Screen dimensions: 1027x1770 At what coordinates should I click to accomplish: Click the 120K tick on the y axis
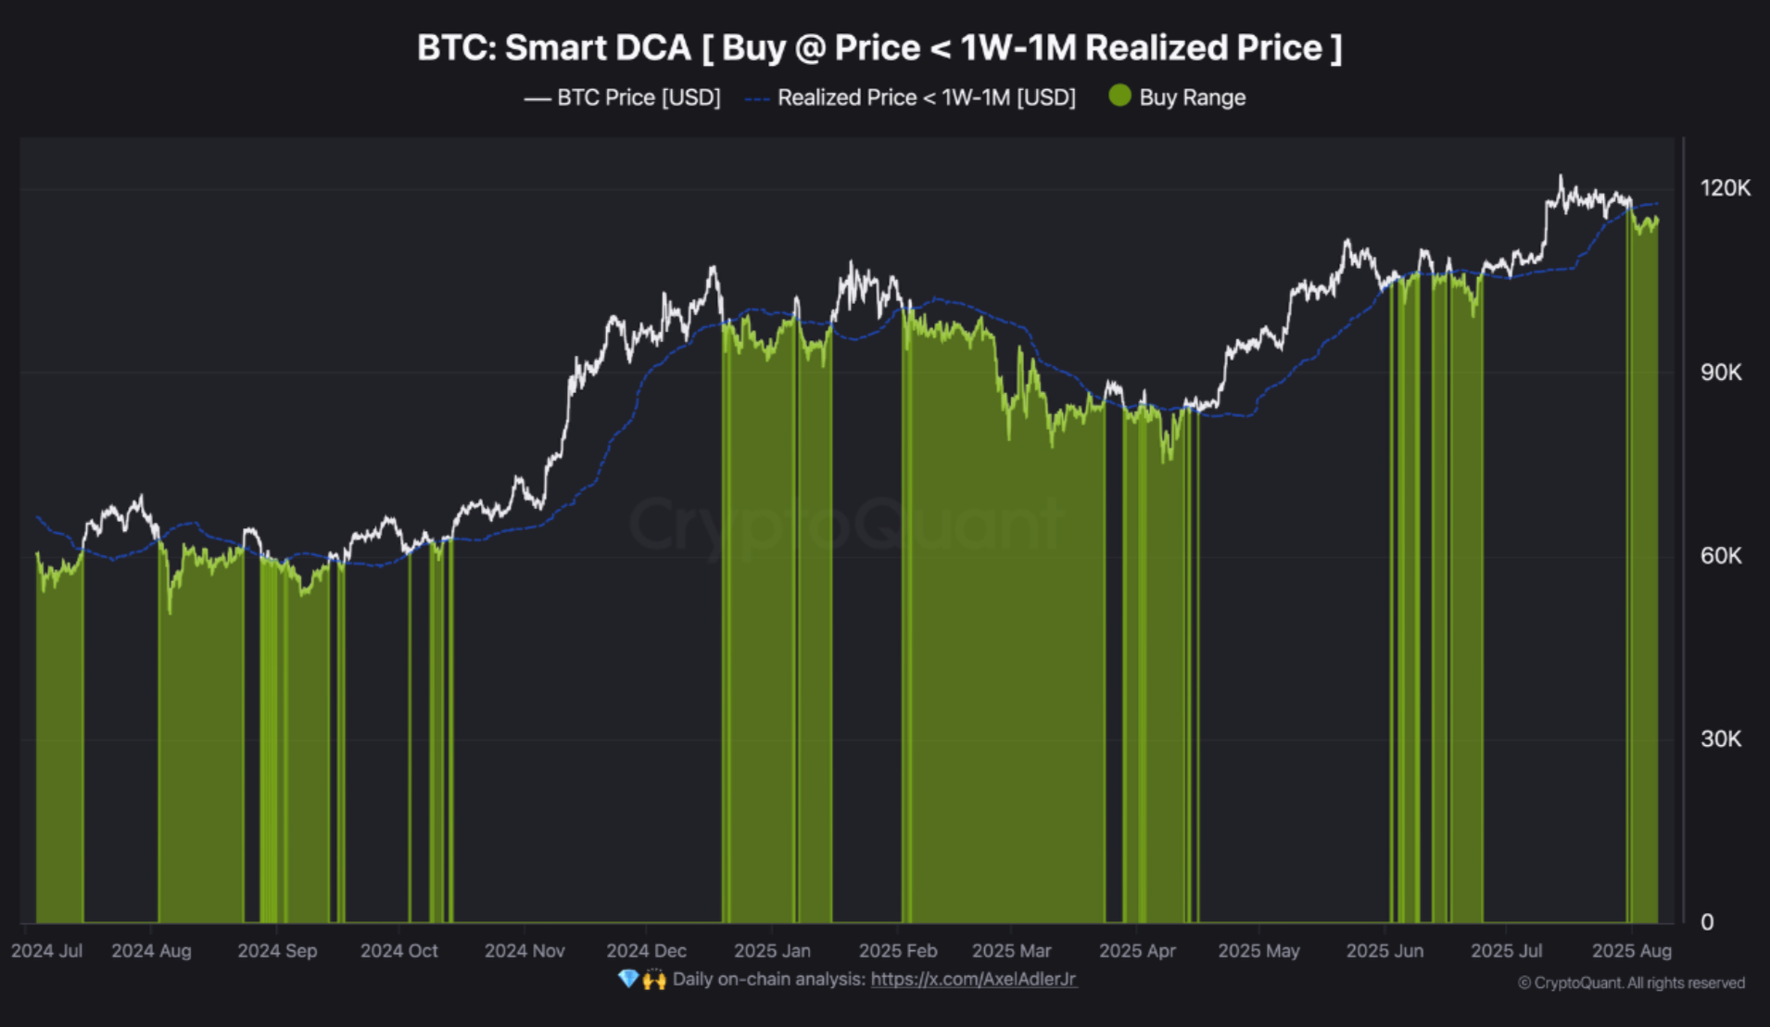click(x=1724, y=188)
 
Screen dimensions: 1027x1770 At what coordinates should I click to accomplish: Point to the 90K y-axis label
click(x=1720, y=373)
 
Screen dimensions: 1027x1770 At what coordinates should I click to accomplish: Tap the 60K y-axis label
click(x=1720, y=556)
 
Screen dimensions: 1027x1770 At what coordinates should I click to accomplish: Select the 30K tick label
click(x=1720, y=740)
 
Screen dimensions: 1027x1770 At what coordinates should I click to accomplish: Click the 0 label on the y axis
click(x=1707, y=922)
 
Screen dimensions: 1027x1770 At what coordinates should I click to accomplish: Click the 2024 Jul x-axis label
click(x=46, y=951)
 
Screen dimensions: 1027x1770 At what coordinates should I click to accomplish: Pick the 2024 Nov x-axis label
click(x=525, y=951)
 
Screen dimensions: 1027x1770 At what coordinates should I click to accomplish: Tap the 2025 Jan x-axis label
click(x=772, y=951)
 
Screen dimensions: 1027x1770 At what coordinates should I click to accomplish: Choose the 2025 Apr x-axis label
click(x=1137, y=951)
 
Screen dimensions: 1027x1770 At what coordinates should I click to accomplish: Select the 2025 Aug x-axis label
click(x=1631, y=951)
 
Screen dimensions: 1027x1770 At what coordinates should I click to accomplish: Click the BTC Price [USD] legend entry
click(x=638, y=97)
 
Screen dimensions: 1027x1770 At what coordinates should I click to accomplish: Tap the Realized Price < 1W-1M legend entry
click(x=926, y=97)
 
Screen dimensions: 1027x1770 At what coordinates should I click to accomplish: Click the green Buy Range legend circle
click(x=1119, y=95)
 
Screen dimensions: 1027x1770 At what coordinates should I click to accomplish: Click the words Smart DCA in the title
click(x=598, y=48)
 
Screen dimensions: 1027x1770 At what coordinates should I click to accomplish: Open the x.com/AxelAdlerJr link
click(x=973, y=980)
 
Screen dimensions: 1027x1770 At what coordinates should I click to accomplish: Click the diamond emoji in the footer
click(x=627, y=980)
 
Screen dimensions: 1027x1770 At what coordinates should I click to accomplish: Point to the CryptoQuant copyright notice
click(x=1631, y=983)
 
